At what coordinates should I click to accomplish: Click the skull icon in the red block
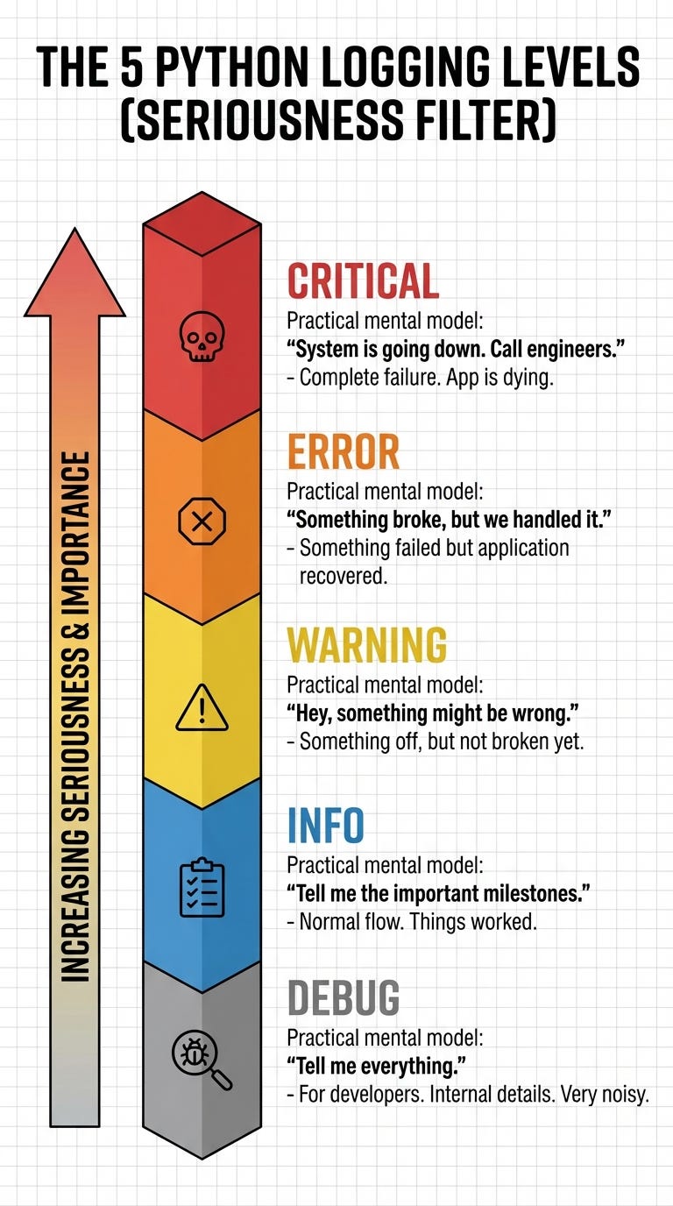[x=202, y=337]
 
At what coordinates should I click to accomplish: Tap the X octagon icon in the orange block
[x=202, y=523]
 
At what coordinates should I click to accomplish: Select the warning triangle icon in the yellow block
[x=202, y=708]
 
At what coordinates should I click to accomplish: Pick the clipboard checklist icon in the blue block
[x=202, y=888]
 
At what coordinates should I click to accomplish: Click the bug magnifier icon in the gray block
[x=202, y=1061]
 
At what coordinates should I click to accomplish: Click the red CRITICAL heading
[x=363, y=281]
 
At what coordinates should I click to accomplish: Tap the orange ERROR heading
[x=343, y=452]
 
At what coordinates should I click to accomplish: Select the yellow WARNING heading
[x=366, y=644]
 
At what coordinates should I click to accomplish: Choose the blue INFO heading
[x=325, y=825]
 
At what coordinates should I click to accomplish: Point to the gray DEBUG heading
[x=343, y=997]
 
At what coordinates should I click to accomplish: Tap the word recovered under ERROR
[x=344, y=577]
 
